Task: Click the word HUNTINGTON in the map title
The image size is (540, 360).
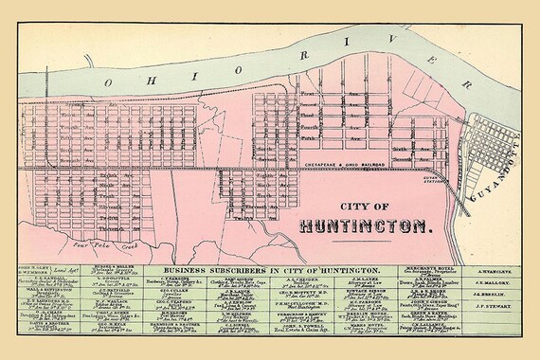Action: [x=365, y=226]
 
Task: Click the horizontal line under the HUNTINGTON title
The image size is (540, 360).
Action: [x=365, y=237]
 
